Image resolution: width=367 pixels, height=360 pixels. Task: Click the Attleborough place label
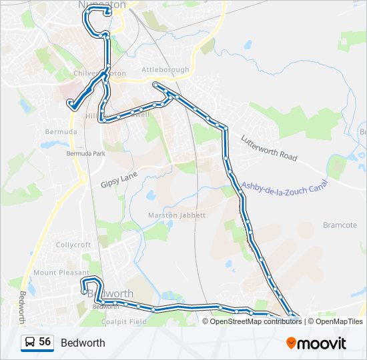[x=165, y=69]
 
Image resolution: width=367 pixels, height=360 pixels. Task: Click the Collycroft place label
[x=73, y=245]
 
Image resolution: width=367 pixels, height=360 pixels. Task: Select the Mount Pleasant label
[x=61, y=273]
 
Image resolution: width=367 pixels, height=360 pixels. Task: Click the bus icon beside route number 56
[x=30, y=343]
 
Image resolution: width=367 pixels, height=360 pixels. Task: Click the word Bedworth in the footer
[x=83, y=343]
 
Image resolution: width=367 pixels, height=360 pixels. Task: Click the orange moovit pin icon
[x=292, y=343]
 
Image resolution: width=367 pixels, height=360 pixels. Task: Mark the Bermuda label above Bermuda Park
[x=61, y=132]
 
